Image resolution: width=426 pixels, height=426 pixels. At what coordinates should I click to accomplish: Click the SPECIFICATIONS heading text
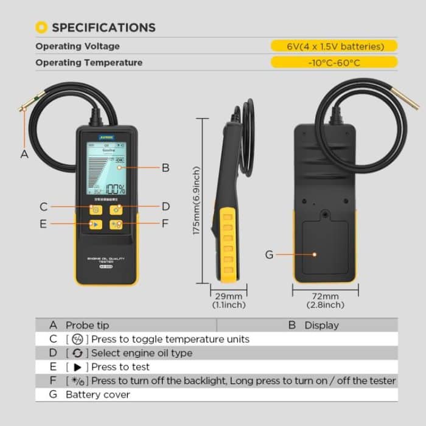(x=103, y=27)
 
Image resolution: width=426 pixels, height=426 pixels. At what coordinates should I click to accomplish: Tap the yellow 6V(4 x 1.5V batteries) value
(x=333, y=46)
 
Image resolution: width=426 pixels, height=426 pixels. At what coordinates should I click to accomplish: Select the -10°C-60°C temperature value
(x=333, y=62)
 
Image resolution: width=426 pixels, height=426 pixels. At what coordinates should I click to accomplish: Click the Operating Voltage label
(x=77, y=46)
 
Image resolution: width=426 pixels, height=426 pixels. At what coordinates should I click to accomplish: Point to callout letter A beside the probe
(x=24, y=154)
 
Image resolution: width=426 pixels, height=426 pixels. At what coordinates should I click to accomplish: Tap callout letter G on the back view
(x=269, y=254)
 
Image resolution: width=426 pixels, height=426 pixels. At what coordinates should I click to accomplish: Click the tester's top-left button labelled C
(x=96, y=210)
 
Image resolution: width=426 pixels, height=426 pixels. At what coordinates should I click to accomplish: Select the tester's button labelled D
(x=116, y=210)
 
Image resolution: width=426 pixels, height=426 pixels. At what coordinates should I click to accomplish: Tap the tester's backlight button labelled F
(x=116, y=225)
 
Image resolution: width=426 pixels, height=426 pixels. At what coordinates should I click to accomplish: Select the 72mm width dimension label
(x=326, y=296)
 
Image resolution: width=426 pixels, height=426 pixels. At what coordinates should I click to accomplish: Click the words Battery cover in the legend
(x=97, y=394)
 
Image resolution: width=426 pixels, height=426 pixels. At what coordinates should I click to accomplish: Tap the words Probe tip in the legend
(x=88, y=325)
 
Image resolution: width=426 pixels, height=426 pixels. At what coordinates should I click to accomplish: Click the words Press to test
(x=120, y=367)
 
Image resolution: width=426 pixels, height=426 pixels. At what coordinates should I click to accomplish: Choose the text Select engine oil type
(x=142, y=353)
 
